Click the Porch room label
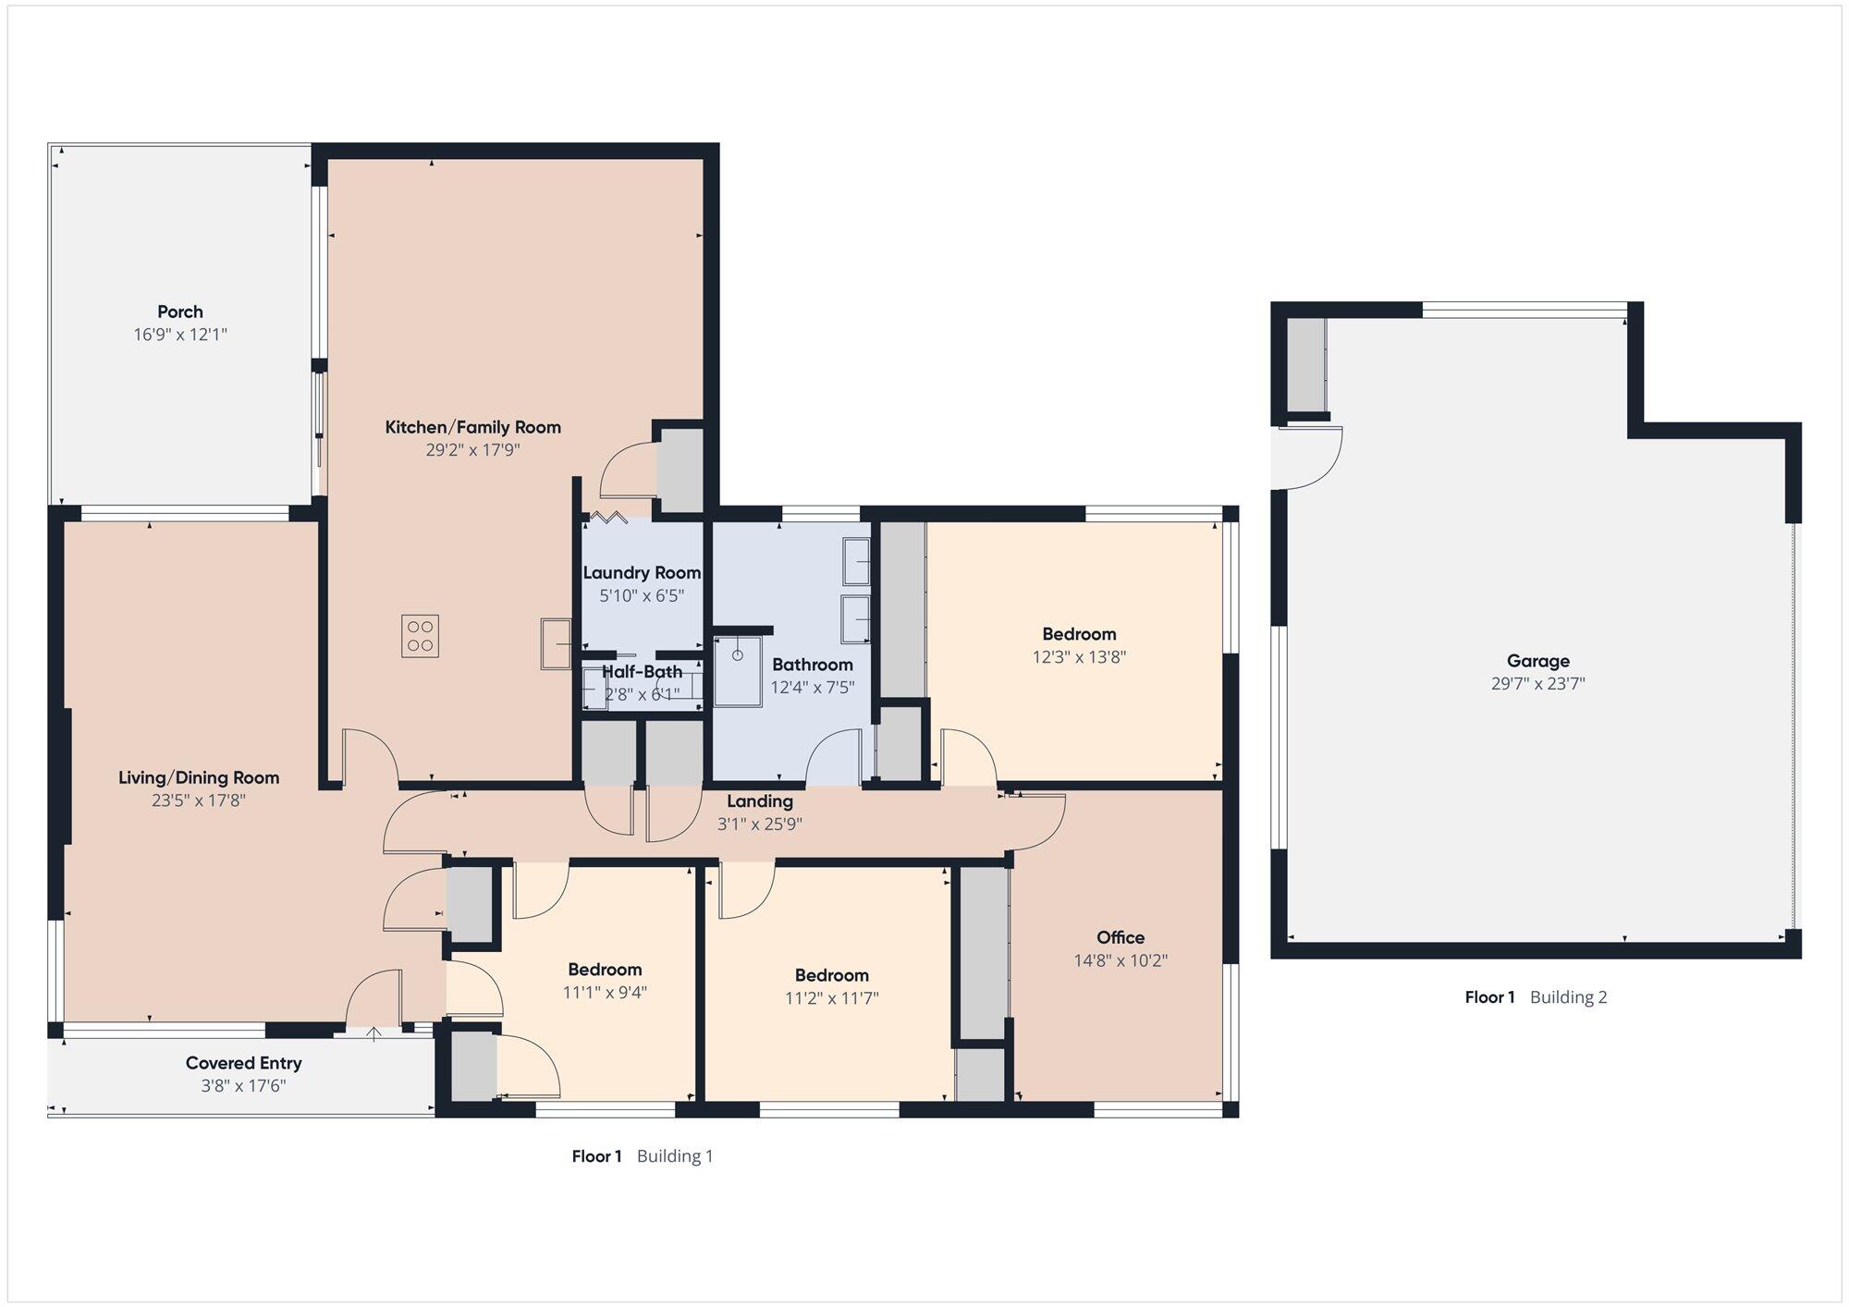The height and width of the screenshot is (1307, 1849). click(x=180, y=311)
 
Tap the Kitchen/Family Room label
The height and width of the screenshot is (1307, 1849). click(x=473, y=427)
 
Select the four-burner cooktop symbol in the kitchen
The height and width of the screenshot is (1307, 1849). click(x=420, y=636)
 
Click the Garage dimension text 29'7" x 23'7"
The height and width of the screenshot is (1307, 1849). click(x=1538, y=684)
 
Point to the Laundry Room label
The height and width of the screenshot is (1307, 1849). click(x=642, y=573)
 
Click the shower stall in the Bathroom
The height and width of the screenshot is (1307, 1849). click(x=738, y=671)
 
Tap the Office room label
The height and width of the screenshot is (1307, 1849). click(x=1120, y=937)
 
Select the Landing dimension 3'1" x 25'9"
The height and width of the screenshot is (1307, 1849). click(x=760, y=824)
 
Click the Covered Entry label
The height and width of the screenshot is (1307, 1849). click(x=244, y=1063)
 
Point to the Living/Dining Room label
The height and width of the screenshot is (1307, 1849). click(x=199, y=777)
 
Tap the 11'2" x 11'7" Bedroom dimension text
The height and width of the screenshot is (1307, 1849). click(x=832, y=998)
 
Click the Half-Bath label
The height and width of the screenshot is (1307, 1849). click(x=643, y=672)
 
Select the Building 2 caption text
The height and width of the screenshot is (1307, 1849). click(x=1569, y=997)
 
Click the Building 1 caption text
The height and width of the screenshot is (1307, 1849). click(x=675, y=1156)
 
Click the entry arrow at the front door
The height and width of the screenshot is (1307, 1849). click(x=373, y=1033)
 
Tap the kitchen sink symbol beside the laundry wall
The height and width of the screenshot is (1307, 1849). click(x=557, y=643)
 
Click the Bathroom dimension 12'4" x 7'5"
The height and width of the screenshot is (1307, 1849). click(x=813, y=688)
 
